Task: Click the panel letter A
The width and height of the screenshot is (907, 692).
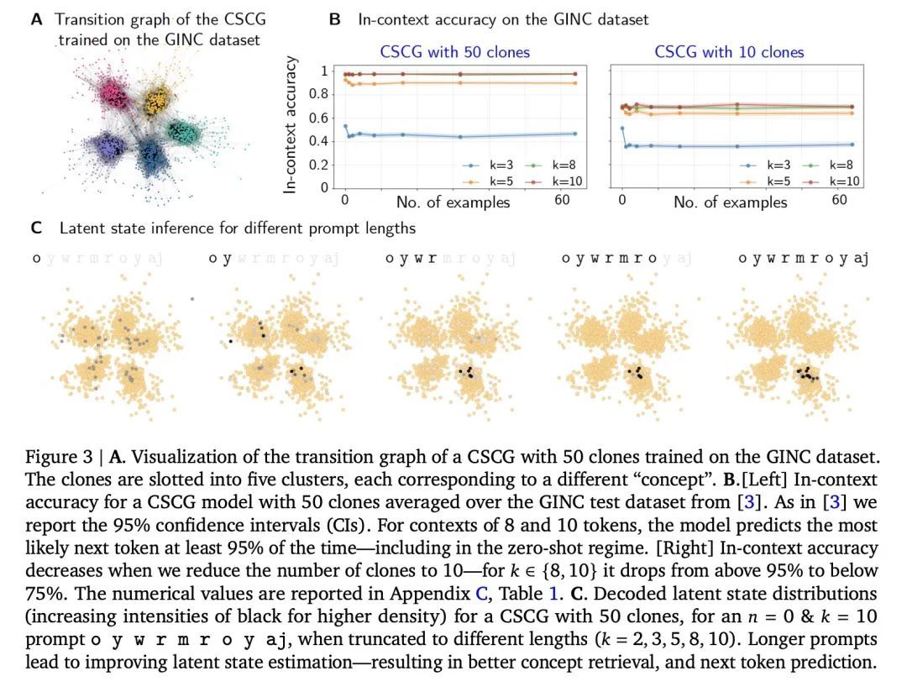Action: click(36, 18)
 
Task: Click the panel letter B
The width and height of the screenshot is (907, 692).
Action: click(335, 18)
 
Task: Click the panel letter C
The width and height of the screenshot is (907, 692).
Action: click(36, 228)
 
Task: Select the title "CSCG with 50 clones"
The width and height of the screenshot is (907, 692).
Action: click(454, 52)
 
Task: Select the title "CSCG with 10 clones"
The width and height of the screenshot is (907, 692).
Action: click(729, 52)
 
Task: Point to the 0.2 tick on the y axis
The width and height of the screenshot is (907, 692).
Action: click(318, 165)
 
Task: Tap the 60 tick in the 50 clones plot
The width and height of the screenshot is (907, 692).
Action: click(563, 200)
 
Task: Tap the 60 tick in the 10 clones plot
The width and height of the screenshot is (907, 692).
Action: click(840, 200)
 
